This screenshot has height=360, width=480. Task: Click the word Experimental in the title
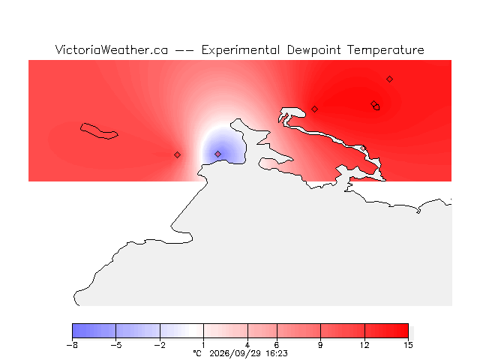(x=241, y=50)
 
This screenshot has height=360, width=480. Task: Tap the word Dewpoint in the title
(x=313, y=49)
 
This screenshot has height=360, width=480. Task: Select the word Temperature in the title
(x=385, y=50)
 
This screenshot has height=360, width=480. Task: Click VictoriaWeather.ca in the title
(x=112, y=49)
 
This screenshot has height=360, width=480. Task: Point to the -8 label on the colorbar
(x=72, y=345)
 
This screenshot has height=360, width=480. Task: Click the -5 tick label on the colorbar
(x=116, y=345)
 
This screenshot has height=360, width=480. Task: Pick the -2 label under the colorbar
(x=160, y=345)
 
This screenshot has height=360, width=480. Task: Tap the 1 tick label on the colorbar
(x=203, y=345)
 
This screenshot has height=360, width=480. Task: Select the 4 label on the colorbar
(x=247, y=345)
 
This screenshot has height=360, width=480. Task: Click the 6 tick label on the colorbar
(x=277, y=345)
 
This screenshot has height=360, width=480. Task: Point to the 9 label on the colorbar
(x=320, y=345)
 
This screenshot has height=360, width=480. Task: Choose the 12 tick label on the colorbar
(x=364, y=345)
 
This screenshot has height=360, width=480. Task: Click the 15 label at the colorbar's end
(x=408, y=345)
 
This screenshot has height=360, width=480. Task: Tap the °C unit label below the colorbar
(x=197, y=353)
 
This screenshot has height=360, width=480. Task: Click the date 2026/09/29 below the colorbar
(x=235, y=353)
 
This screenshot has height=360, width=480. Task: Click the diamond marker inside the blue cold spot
(x=217, y=154)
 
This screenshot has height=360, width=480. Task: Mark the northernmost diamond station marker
(x=389, y=79)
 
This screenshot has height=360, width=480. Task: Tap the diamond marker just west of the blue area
(x=177, y=155)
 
